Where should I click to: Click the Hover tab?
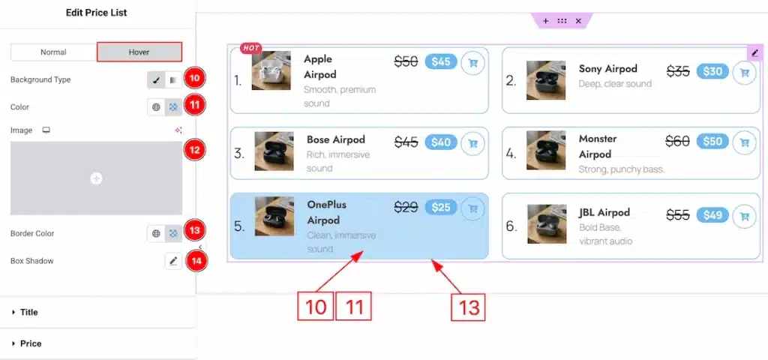point(139,52)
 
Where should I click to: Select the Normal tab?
point(53,52)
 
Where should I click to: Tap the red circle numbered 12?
point(195,150)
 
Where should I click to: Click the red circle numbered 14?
point(196,261)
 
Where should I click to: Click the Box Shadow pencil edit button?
point(173,262)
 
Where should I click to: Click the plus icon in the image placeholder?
point(97,178)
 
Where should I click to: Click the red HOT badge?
point(250,48)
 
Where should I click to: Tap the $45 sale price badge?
point(441,61)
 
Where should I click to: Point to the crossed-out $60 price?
point(677,142)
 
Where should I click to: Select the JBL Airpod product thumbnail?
point(547,223)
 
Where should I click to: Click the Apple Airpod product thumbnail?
point(271,70)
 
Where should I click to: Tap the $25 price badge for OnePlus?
point(441,207)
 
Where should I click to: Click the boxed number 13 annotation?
point(468,307)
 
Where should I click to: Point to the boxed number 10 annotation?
point(316,306)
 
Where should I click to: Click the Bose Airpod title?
point(336,139)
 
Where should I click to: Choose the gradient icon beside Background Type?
point(173,79)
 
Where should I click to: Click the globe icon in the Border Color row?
point(156,234)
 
